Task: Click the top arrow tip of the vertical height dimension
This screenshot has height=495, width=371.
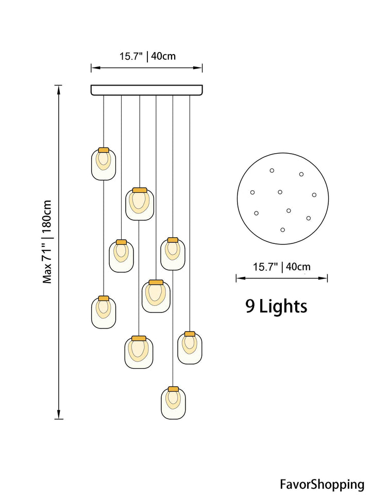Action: (58, 86)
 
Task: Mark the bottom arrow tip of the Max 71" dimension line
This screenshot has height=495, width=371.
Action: (58, 419)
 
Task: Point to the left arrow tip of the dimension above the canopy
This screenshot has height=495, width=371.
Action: (92, 68)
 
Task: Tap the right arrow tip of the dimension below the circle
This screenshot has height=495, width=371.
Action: (327, 278)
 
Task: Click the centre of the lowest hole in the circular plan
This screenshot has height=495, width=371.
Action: (283, 230)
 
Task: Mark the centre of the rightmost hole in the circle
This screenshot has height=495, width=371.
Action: (314, 195)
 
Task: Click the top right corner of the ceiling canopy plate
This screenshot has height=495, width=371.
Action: (203, 85)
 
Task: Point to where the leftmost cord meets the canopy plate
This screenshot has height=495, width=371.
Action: (104, 95)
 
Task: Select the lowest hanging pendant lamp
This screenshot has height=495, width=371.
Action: (173, 403)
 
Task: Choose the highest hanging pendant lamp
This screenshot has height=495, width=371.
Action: (104, 164)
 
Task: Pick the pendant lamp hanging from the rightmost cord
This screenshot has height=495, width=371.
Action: (190, 348)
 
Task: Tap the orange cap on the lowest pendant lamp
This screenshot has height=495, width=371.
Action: (173, 389)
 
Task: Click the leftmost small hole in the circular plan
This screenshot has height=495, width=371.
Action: (252, 192)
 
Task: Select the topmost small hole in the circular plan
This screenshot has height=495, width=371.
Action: (272, 171)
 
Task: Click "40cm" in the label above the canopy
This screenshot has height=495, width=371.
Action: (163, 56)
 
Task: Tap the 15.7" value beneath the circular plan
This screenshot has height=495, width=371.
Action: (265, 267)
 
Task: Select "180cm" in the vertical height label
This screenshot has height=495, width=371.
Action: (47, 216)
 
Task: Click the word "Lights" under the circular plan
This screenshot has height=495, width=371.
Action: (283, 306)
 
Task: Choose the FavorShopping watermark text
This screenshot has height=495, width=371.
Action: (322, 484)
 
